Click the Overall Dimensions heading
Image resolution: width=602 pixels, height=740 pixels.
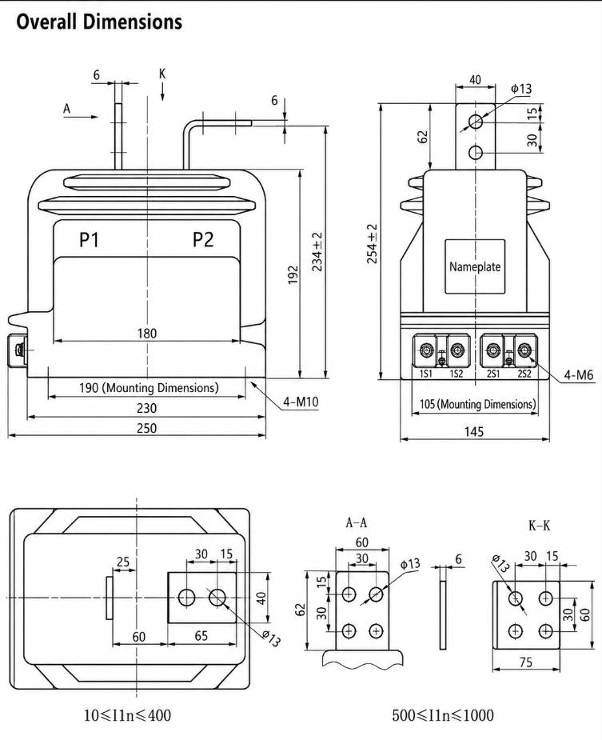coord(99,22)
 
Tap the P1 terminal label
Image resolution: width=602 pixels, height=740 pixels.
coord(89,240)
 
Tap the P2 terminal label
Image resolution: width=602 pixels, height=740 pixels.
coord(203,240)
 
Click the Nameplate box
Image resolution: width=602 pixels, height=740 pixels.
coord(475,266)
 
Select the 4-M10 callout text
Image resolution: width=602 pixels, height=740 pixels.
coord(301,402)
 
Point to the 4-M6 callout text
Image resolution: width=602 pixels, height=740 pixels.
coord(579,375)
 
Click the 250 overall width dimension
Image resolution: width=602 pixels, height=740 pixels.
coord(147,428)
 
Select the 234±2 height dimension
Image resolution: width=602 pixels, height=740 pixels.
coord(317,251)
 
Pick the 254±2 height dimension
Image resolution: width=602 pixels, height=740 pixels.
coord(373,243)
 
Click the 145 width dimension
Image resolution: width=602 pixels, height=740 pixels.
coord(473,432)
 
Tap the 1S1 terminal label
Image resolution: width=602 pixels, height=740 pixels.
coord(426,374)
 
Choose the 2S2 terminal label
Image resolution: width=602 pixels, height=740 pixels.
coord(524,374)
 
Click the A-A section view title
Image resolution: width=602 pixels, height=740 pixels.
coord(357,522)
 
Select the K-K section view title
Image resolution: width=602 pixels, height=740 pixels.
coord(540,526)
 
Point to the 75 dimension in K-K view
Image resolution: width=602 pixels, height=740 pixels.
coord(525,662)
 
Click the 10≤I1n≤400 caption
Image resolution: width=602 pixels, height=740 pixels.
coord(127,715)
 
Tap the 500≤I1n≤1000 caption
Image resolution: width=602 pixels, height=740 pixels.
coord(443,715)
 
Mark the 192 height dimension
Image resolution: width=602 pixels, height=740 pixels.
coord(293,275)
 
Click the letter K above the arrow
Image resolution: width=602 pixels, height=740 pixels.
coord(162,74)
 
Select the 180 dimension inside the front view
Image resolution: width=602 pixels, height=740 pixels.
coord(147,334)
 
